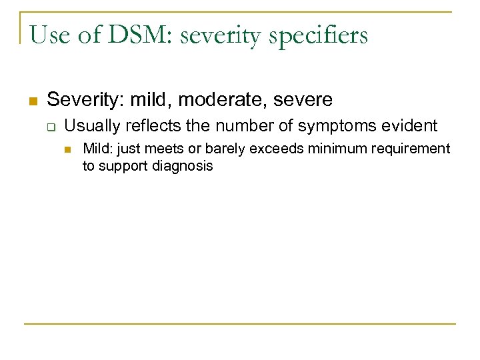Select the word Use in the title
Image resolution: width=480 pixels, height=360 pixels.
click(49, 35)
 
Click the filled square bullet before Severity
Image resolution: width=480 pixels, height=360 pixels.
click(31, 101)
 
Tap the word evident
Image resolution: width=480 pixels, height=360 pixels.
click(411, 125)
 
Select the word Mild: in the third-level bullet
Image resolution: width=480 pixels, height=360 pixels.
click(95, 148)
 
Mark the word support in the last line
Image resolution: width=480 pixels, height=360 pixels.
click(123, 166)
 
